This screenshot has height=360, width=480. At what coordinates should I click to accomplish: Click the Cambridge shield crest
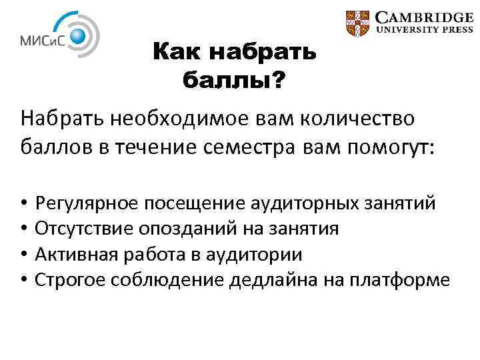click(x=358, y=23)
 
